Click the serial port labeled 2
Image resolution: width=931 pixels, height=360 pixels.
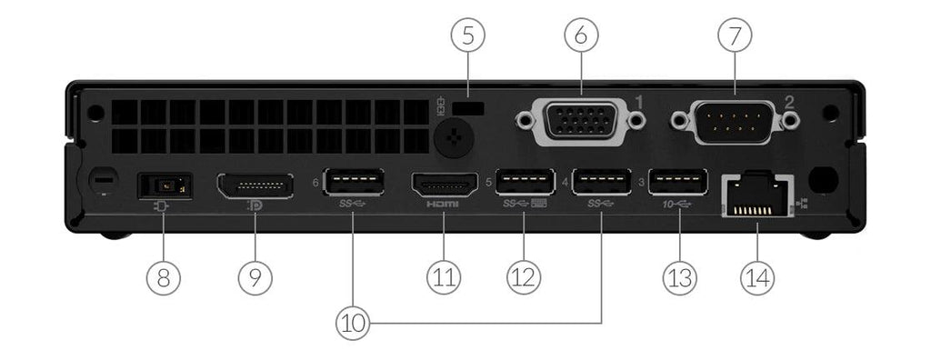[x=733, y=120]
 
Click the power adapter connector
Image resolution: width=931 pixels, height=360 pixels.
[x=164, y=186]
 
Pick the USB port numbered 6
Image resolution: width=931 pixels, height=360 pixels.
[x=353, y=185]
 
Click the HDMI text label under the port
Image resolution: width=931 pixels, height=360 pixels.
[x=443, y=206]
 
